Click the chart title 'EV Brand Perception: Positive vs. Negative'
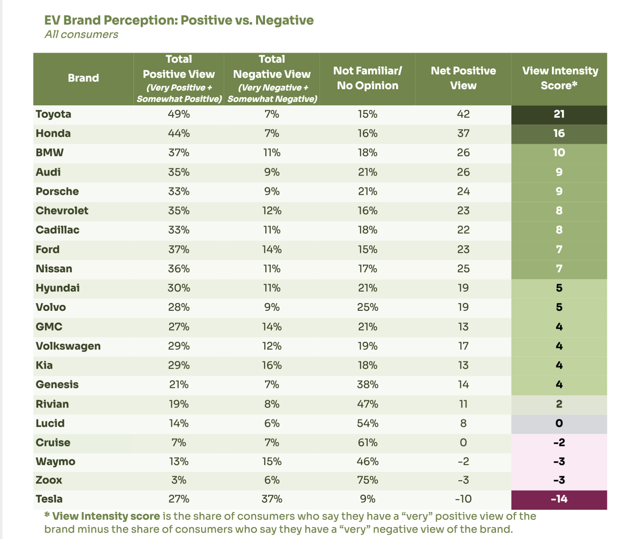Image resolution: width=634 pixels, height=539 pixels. pyautogui.click(x=179, y=20)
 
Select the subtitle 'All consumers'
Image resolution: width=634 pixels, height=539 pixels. pyautogui.click(x=81, y=35)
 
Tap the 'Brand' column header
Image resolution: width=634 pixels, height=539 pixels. pyautogui.click(x=83, y=78)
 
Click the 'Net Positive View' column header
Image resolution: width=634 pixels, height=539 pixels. pyautogui.click(x=463, y=78)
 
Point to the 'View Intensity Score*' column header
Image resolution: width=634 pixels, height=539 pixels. pyautogui.click(x=559, y=78)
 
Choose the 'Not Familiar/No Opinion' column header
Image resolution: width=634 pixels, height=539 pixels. pyautogui.click(x=367, y=78)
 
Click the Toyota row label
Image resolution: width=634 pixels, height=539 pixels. pyautogui.click(x=53, y=114)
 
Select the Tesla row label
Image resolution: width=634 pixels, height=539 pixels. pyautogui.click(x=49, y=499)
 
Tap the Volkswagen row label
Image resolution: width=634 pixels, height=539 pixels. pyautogui.click(x=68, y=346)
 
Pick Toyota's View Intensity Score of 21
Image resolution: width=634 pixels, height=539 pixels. pyautogui.click(x=559, y=114)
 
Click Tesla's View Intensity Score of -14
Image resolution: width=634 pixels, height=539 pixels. pyautogui.click(x=559, y=499)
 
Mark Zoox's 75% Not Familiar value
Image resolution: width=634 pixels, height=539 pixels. pyautogui.click(x=367, y=480)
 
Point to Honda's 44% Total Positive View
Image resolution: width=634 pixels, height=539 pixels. pyautogui.click(x=179, y=134)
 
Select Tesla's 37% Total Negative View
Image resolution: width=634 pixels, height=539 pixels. pyautogui.click(x=272, y=499)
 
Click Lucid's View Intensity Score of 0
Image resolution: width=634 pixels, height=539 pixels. pyautogui.click(x=559, y=423)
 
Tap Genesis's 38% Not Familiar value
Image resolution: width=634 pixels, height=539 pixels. pyautogui.click(x=367, y=384)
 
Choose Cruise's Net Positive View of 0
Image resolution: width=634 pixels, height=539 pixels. pyautogui.click(x=463, y=443)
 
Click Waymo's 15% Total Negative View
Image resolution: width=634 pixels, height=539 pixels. pyautogui.click(x=272, y=462)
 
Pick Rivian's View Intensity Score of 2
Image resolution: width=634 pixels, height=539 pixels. pyautogui.click(x=559, y=404)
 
